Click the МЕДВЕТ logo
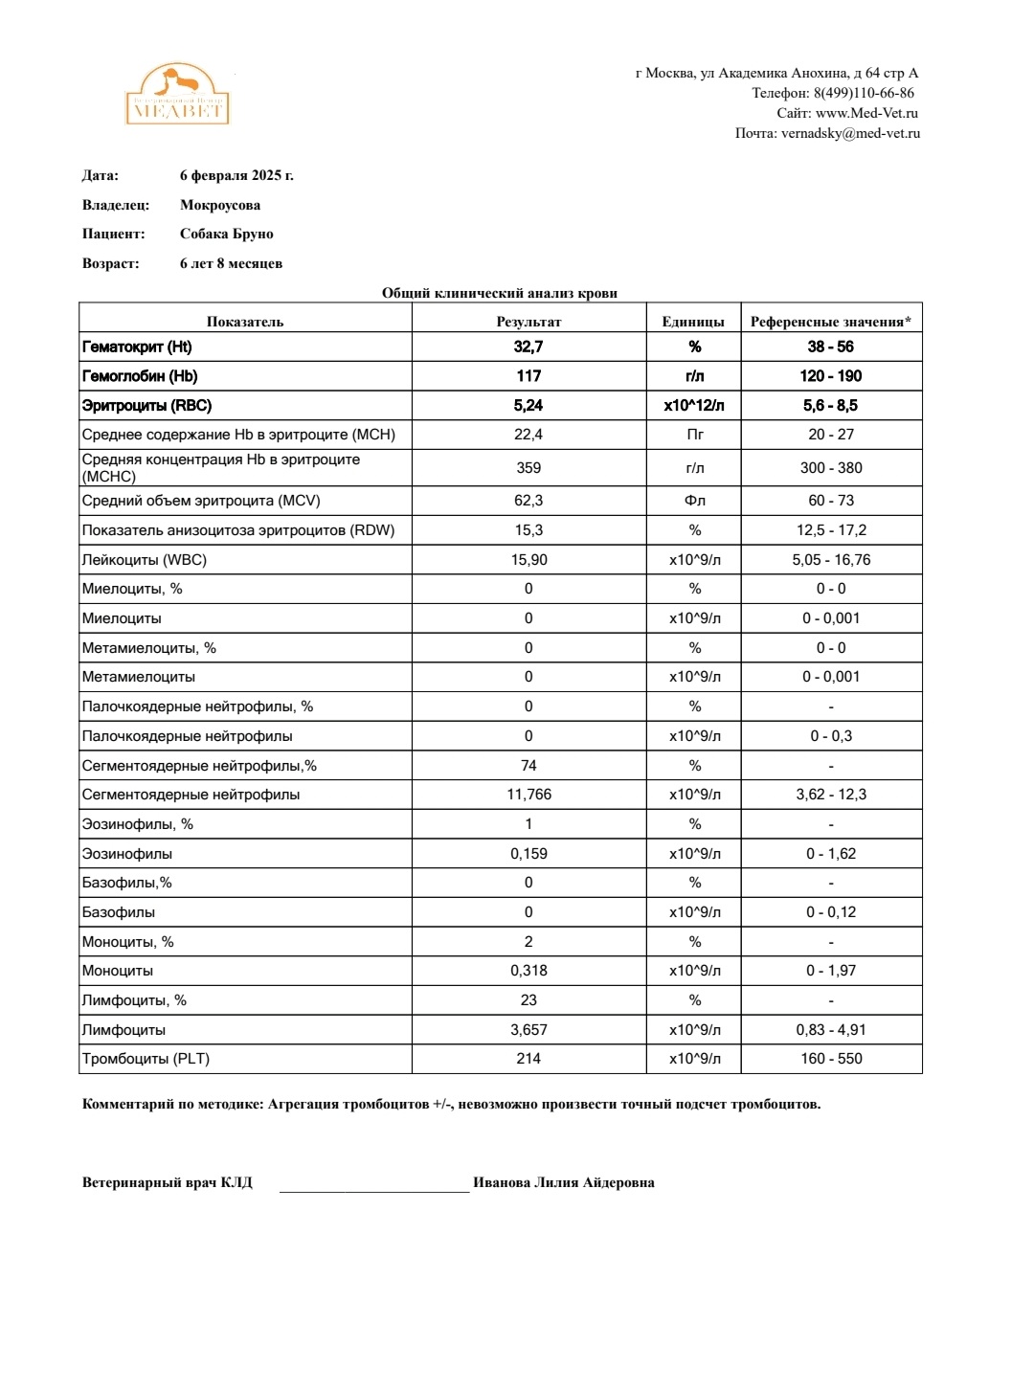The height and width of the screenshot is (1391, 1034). [x=177, y=96]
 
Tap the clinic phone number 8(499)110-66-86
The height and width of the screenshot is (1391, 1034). [x=863, y=93]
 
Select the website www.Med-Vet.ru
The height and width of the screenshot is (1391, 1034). [x=865, y=113]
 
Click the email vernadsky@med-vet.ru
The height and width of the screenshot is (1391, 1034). [x=850, y=133]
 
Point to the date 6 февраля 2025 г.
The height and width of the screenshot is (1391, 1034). [x=236, y=175]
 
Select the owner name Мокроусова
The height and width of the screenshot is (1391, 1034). [x=220, y=205]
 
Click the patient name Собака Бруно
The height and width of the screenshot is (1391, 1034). [x=227, y=234]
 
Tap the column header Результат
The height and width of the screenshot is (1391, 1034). [x=528, y=322]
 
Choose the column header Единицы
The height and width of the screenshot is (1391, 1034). [x=693, y=322]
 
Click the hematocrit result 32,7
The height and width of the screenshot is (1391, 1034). [x=528, y=347]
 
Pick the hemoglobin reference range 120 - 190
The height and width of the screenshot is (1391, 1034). [x=831, y=376]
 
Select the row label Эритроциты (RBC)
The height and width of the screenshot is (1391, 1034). [x=146, y=406]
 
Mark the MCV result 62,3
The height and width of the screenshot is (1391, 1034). [x=528, y=501]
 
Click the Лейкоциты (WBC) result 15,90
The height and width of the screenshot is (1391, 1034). [x=528, y=560]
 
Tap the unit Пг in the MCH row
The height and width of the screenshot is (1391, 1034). [x=695, y=435]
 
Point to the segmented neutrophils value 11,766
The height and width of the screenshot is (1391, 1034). [x=528, y=795]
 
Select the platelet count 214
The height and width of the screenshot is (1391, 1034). [x=528, y=1059]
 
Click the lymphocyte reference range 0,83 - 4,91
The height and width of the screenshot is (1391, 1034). [x=831, y=1030]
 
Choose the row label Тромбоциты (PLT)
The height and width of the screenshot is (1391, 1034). [x=146, y=1059]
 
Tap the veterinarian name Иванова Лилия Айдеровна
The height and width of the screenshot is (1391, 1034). [x=564, y=1182]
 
